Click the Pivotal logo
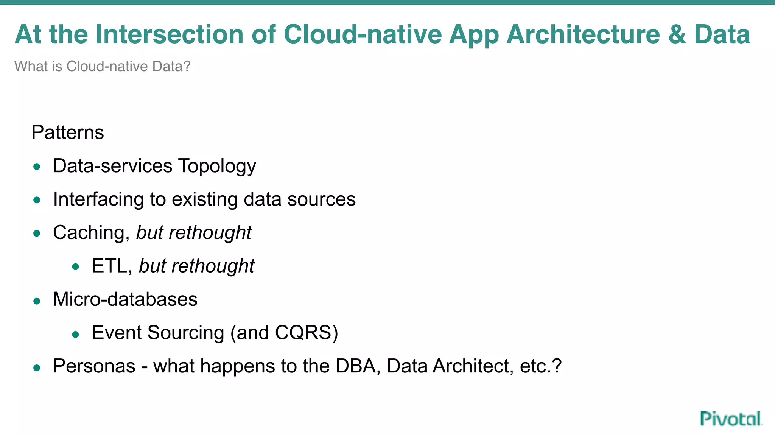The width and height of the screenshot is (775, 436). (731, 419)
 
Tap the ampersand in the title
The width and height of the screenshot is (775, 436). (677, 34)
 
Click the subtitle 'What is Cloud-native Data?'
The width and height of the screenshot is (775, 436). (102, 66)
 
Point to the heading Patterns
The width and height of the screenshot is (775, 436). (67, 132)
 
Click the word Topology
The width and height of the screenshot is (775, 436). (217, 166)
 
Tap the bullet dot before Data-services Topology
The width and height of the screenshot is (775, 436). (37, 167)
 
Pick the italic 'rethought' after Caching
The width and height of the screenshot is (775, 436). (210, 233)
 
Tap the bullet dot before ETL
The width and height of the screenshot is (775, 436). (75, 267)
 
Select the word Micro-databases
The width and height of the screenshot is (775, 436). (125, 299)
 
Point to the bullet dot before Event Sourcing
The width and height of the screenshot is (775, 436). (75, 334)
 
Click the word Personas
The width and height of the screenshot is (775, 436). (94, 366)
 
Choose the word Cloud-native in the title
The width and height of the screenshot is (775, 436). (363, 34)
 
